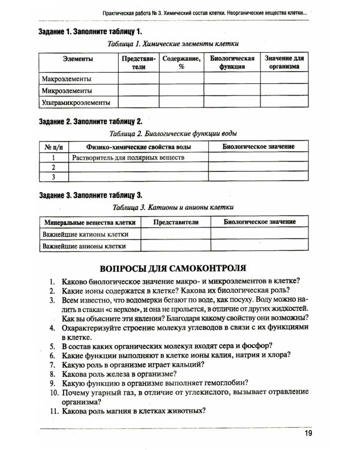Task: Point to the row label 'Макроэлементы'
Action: click(66, 79)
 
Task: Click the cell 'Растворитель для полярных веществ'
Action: click(127, 157)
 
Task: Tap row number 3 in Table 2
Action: click(53, 177)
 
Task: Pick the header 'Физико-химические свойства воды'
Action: click(139, 146)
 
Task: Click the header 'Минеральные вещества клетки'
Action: click(89, 221)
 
